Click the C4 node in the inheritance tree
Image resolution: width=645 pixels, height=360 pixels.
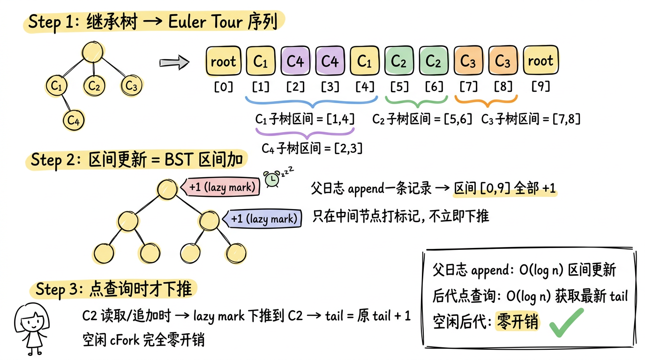click(x=73, y=120)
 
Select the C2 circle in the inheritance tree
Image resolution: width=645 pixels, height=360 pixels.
click(x=94, y=86)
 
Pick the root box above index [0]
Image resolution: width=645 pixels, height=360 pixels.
click(x=223, y=61)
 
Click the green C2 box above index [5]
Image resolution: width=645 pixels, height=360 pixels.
click(x=399, y=61)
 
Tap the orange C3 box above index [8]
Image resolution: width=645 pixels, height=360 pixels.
click(x=503, y=61)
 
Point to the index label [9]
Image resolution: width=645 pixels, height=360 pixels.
click(x=540, y=87)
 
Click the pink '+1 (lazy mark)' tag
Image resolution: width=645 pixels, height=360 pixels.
click(x=222, y=187)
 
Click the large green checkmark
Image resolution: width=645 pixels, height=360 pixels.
click(x=566, y=322)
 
